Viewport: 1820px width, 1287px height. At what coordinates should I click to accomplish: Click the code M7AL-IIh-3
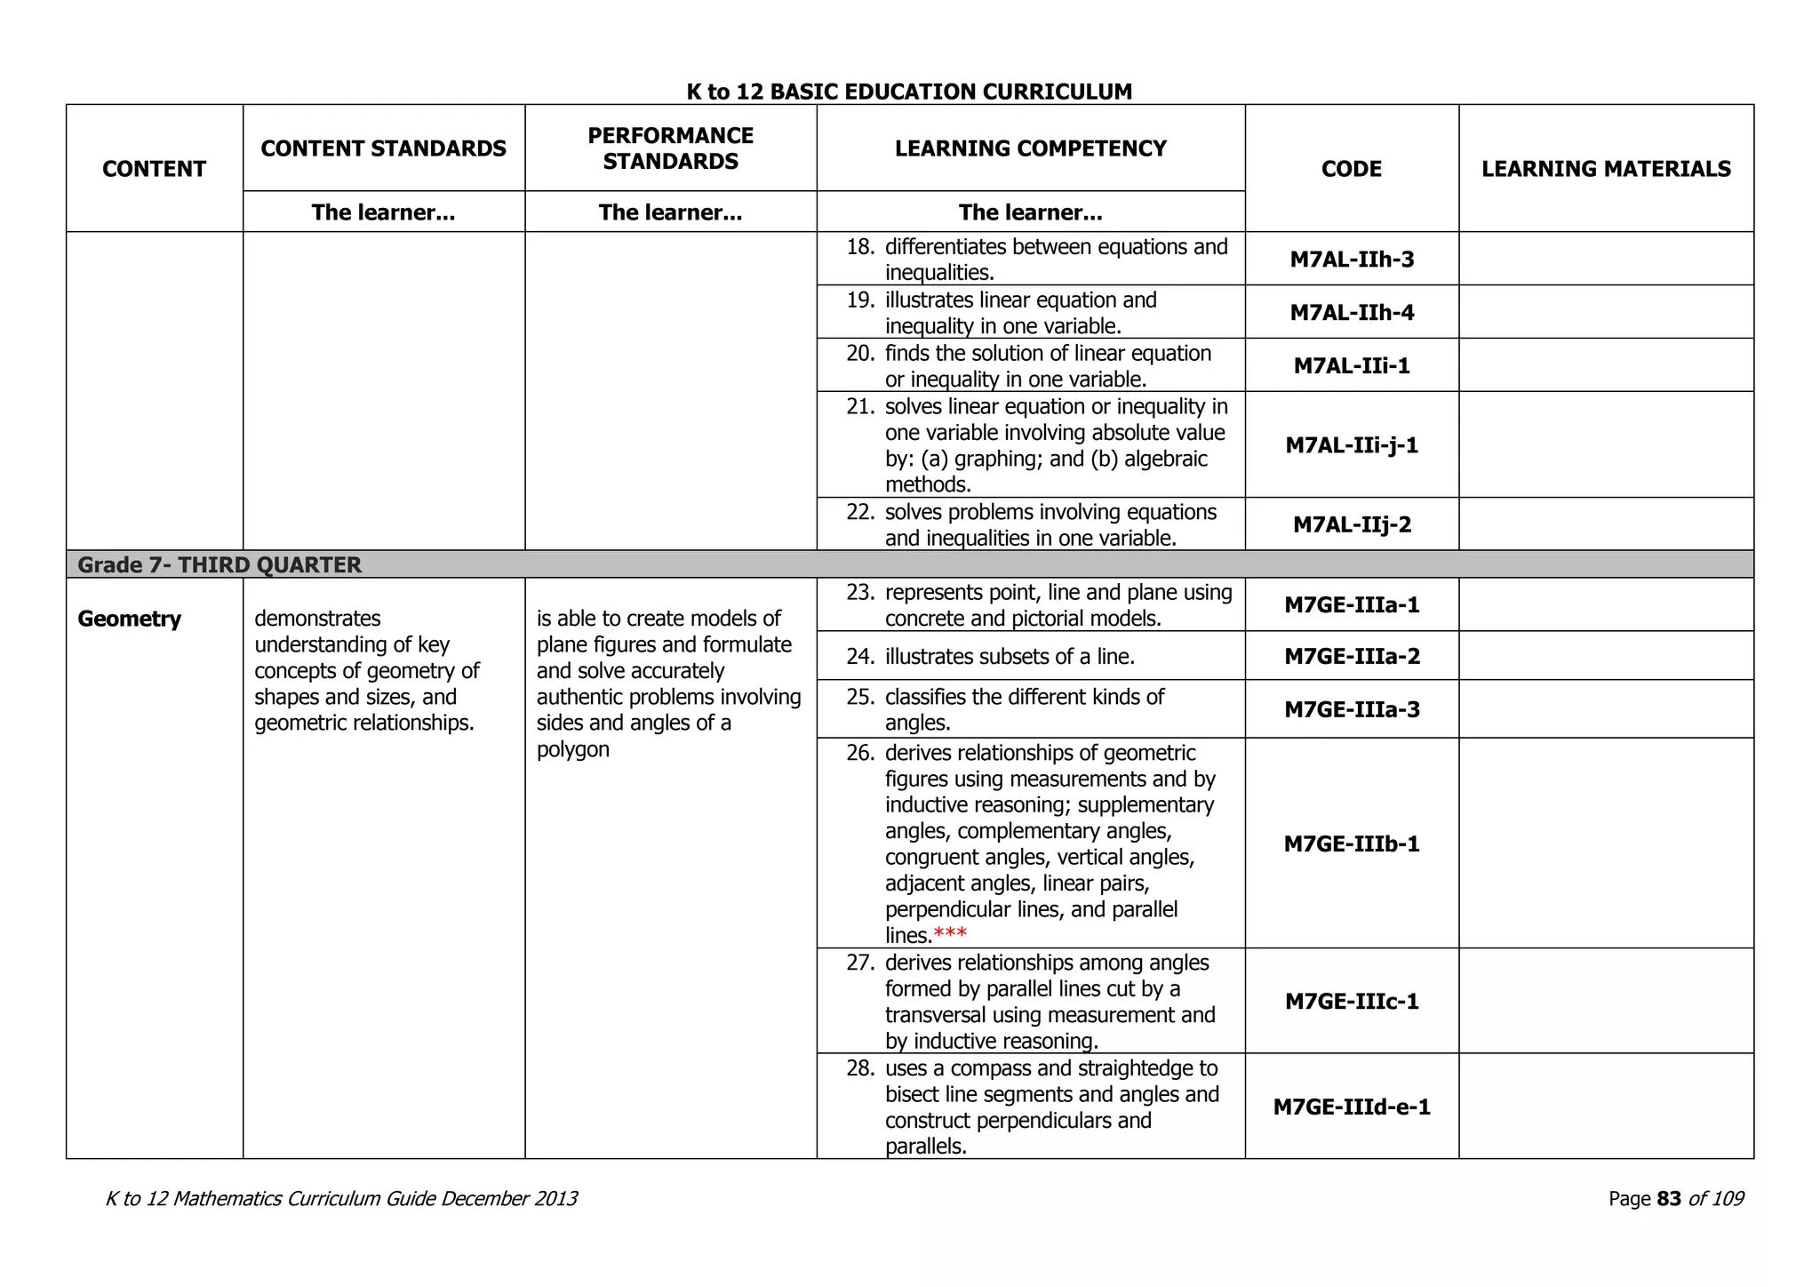pos(1351,260)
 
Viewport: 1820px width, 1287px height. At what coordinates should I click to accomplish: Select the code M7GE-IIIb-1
pos(1351,843)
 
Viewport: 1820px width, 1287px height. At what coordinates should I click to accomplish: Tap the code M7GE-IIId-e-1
pos(1351,1107)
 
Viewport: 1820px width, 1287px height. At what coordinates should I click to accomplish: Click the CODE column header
pos(1351,169)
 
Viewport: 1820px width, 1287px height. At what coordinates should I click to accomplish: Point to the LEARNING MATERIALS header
pos(1605,169)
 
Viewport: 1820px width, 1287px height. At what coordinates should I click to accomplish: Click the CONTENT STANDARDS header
pos(383,148)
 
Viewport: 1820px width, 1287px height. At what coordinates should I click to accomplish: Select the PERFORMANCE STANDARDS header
pos(670,148)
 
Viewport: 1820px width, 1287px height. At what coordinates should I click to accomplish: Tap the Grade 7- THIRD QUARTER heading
pos(220,565)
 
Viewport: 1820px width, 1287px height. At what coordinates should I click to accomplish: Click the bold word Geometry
pos(129,619)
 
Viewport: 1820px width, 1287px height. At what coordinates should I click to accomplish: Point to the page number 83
pos(1668,1199)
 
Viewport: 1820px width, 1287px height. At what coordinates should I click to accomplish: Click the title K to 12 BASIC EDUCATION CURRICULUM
pos(909,92)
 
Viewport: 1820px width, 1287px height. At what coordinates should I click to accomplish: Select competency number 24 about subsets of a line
pos(1010,657)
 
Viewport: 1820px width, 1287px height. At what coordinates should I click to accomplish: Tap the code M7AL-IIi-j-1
pos(1351,445)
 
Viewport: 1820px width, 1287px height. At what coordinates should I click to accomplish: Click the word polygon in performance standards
pos(573,749)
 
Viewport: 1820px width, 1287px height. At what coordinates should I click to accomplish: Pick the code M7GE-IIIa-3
pos(1351,709)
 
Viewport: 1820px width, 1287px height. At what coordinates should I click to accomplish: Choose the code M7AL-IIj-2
pos(1351,524)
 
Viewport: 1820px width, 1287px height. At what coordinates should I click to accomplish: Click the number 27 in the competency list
pos(859,963)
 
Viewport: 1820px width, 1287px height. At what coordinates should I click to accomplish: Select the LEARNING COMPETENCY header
pos(1030,148)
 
